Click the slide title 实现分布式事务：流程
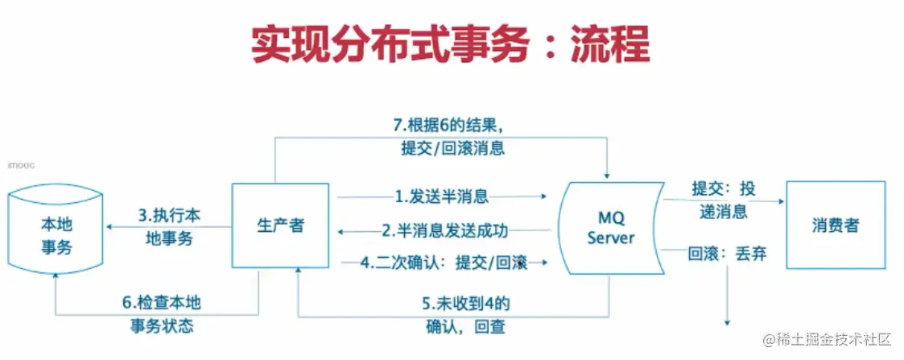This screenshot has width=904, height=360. tap(450, 47)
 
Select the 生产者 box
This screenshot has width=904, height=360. tap(281, 226)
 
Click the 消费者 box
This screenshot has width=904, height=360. tap(835, 225)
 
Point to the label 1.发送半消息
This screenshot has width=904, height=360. tap(441, 196)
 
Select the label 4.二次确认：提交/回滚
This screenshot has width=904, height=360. tap(444, 263)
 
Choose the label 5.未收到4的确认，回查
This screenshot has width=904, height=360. tap(467, 315)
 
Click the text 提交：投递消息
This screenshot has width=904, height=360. tap(723, 199)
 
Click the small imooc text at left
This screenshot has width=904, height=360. tap(17, 165)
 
